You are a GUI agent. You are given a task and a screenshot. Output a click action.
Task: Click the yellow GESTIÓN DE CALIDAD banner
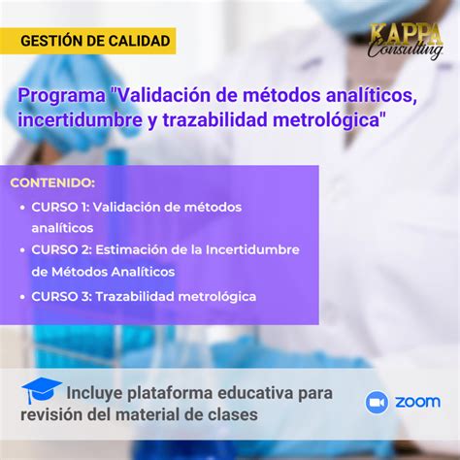click(x=87, y=41)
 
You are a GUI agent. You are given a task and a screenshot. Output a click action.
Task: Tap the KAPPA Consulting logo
click(x=407, y=42)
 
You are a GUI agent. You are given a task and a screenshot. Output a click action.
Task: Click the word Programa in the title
click(x=61, y=96)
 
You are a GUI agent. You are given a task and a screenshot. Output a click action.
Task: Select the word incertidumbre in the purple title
click(x=80, y=120)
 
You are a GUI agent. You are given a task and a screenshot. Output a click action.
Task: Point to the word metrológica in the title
click(x=326, y=120)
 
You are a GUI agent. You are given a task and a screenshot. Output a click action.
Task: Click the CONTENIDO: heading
click(x=52, y=182)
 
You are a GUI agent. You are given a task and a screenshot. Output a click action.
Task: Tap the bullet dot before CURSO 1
click(x=22, y=208)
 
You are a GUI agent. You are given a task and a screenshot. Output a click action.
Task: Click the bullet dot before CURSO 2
click(x=22, y=250)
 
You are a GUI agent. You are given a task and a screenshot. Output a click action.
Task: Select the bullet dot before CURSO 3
click(x=22, y=297)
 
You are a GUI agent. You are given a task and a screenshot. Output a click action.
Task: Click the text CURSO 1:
click(x=60, y=207)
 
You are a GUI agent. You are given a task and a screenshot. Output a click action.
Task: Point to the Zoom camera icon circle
click(x=377, y=403)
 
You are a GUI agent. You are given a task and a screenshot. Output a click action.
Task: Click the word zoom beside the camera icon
click(x=417, y=402)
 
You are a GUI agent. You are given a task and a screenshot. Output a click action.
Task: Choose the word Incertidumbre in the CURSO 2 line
click(x=252, y=249)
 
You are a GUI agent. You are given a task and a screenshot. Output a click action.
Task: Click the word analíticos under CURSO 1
click(x=62, y=228)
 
